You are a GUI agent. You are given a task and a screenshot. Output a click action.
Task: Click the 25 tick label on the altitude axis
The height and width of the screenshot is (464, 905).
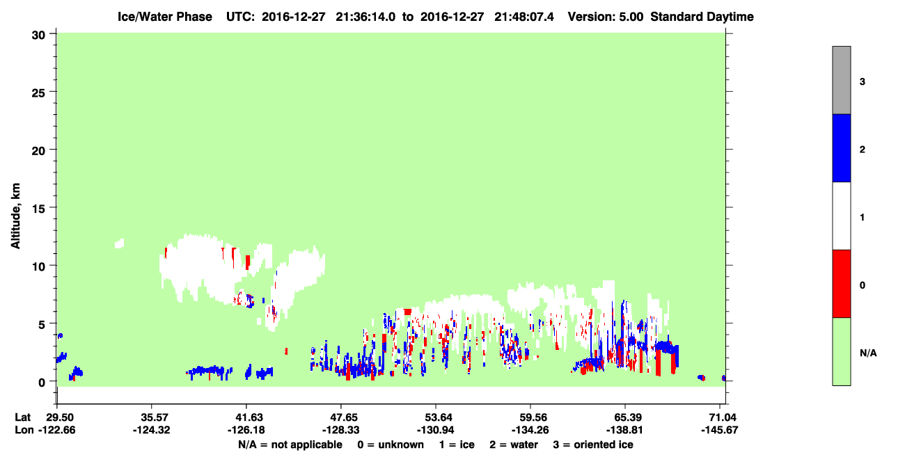tap(38, 93)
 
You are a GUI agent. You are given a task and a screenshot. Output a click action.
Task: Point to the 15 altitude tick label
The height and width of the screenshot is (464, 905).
tap(38, 209)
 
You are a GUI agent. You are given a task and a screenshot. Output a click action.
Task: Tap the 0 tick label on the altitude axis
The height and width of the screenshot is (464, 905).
tap(42, 383)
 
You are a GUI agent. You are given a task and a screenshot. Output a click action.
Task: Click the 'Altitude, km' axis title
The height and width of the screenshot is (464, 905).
tap(15, 216)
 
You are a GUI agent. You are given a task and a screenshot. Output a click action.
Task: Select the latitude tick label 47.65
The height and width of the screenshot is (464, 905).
tap(341, 417)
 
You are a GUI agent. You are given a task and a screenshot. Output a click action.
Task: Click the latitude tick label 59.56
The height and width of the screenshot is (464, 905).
tap(530, 417)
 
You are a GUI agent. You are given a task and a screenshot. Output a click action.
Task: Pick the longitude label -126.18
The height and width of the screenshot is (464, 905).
tap(246, 430)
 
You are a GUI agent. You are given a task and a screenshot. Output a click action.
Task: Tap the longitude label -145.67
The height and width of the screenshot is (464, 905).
tap(720, 430)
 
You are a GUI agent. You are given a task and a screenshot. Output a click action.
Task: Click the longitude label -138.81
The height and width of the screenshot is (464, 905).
tap(625, 430)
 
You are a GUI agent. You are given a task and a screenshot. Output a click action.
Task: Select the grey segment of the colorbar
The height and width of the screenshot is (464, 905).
tap(842, 80)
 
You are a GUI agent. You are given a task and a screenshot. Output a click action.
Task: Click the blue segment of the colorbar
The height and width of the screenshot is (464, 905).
tap(842, 147)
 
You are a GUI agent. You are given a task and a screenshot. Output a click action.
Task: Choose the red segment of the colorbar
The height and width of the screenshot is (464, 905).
tap(842, 284)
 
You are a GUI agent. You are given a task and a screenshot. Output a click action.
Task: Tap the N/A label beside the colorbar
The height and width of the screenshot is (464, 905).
tap(868, 353)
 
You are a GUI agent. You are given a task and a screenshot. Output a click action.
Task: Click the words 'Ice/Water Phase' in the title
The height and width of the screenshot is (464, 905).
tap(165, 17)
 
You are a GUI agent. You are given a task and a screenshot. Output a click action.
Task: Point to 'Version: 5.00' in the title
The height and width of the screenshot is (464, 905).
tap(605, 17)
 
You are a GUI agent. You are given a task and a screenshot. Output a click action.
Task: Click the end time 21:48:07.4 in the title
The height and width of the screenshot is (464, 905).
tap(524, 17)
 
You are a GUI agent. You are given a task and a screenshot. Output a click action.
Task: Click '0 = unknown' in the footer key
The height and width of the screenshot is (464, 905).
tap(391, 445)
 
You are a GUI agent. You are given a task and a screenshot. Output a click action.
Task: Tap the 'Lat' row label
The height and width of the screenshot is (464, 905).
tap(22, 417)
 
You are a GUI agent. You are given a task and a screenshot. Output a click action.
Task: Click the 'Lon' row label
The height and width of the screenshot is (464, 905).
tap(24, 430)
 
